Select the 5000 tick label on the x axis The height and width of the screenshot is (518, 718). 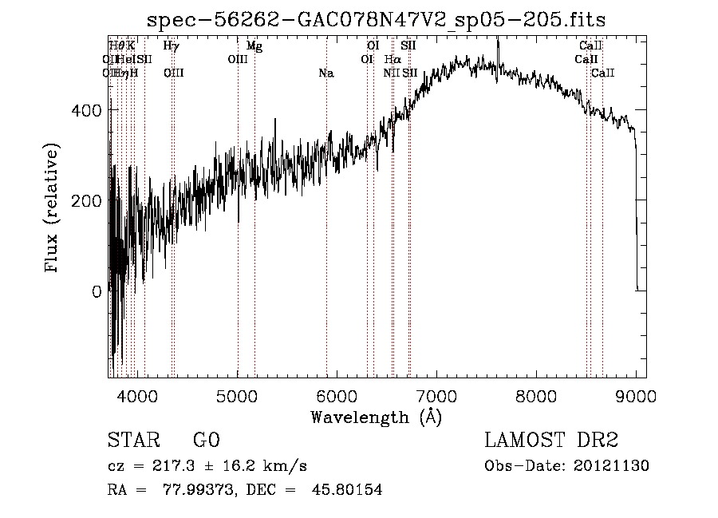[x=238, y=395]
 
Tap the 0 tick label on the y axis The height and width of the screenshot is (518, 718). [x=97, y=292]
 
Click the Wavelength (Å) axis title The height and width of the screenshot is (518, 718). [x=377, y=417]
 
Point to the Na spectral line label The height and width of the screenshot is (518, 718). [x=325, y=73]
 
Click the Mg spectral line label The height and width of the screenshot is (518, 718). [x=254, y=46]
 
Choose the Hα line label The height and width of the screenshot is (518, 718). [x=393, y=60]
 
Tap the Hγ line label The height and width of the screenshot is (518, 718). [x=171, y=46]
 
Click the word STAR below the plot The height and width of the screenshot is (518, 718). [x=132, y=441]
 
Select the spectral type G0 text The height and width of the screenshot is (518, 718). [x=206, y=441]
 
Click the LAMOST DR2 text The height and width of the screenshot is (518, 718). [x=551, y=441]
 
